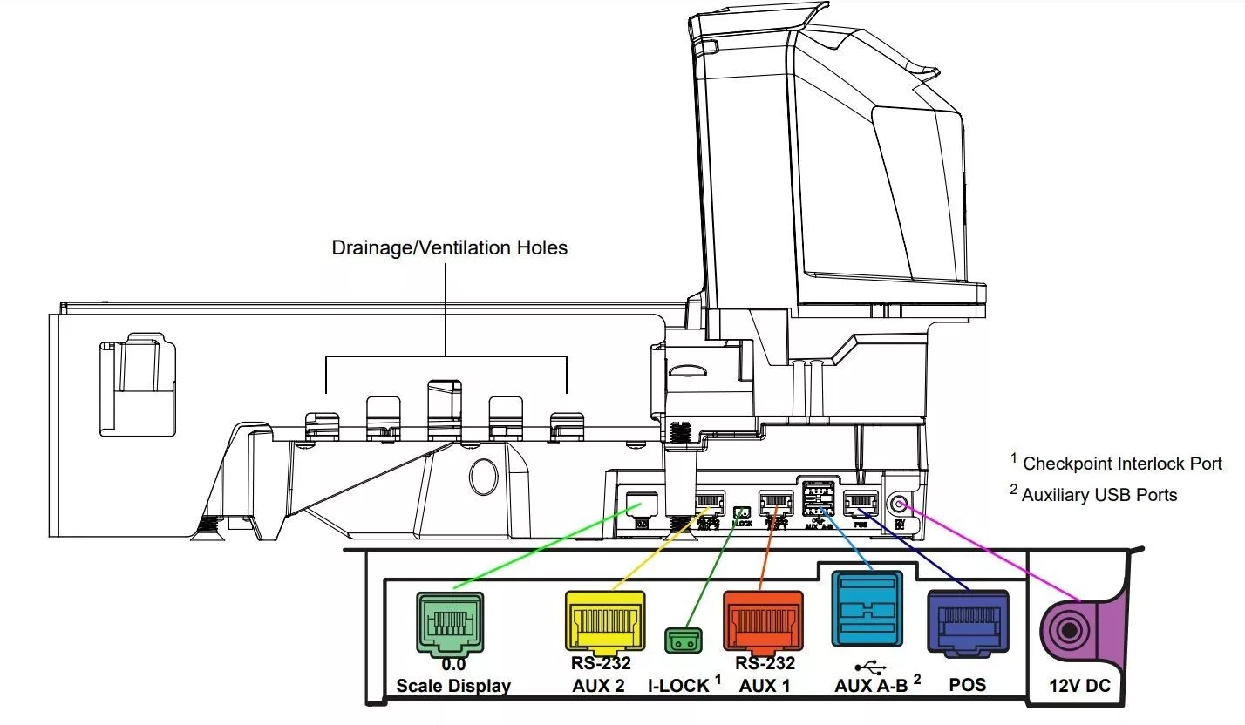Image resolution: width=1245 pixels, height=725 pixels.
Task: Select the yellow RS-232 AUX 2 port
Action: pyautogui.click(x=604, y=620)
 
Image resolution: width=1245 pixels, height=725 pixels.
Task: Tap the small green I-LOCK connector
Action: pyautogui.click(x=684, y=640)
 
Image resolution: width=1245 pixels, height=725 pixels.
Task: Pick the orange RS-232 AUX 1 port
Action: pyautogui.click(x=763, y=621)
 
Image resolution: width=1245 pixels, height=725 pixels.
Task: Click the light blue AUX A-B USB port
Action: pyautogui.click(x=867, y=608)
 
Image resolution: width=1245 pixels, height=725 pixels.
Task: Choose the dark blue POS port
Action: pyautogui.click(x=968, y=622)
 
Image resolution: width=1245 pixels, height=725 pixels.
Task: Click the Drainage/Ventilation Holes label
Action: pyautogui.click(x=449, y=248)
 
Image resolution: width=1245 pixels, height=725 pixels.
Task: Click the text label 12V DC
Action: pyautogui.click(x=1079, y=687)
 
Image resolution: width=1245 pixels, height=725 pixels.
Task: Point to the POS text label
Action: pyautogui.click(x=967, y=684)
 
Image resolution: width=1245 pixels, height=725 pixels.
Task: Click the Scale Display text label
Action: pyautogui.click(x=453, y=686)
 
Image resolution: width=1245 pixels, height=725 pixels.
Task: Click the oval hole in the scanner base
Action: pyautogui.click(x=482, y=477)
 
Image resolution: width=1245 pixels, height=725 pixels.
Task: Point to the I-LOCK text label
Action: pyautogui.click(x=679, y=686)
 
